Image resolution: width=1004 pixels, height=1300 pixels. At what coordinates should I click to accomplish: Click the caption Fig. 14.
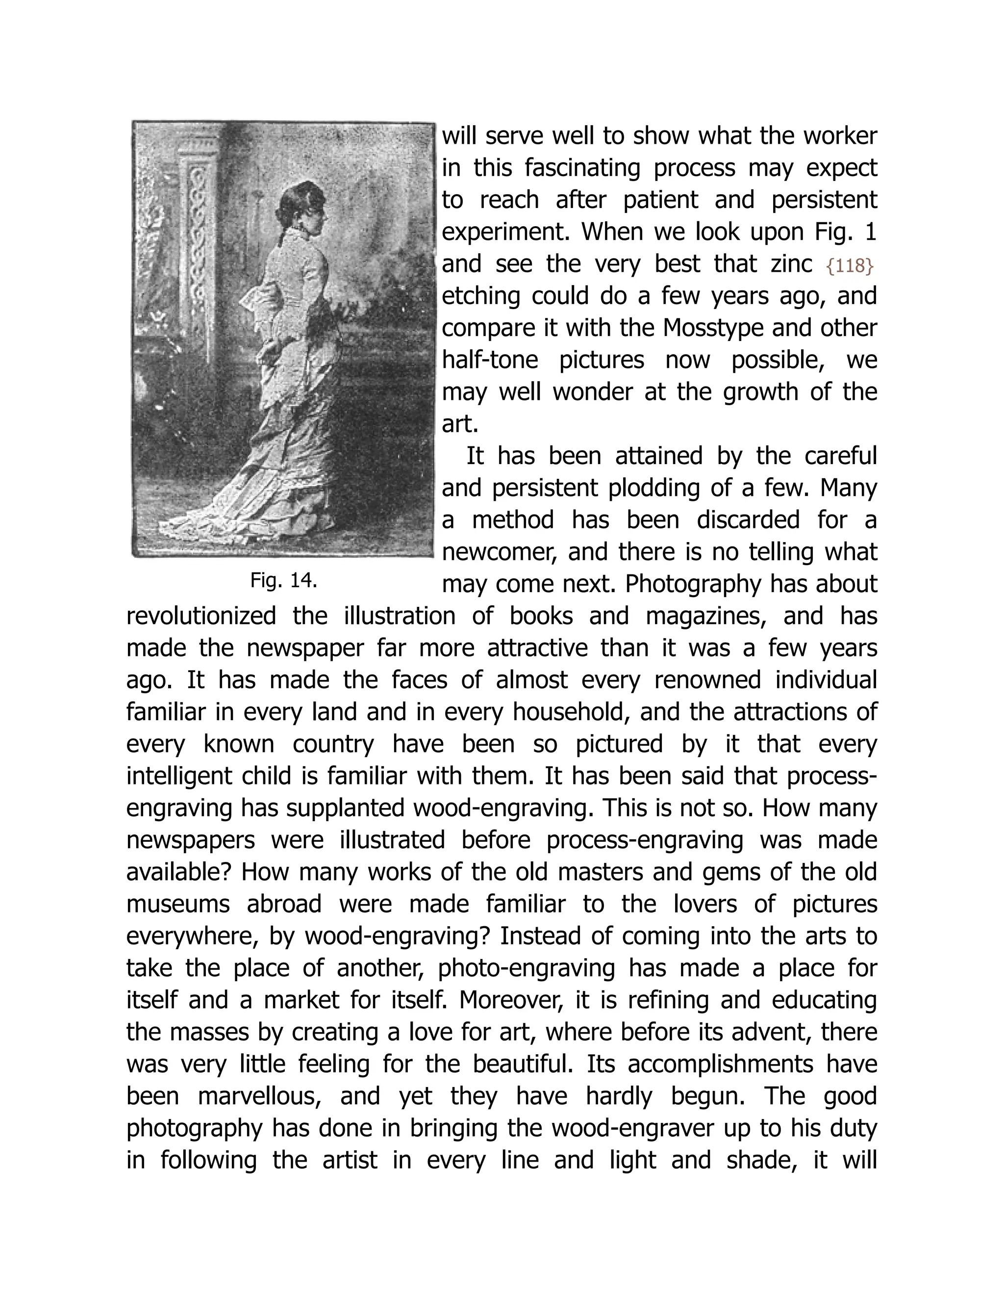coord(284,580)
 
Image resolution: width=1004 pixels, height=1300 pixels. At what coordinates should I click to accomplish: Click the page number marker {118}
coord(850,266)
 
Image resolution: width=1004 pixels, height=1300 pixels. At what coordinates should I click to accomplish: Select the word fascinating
coord(582,168)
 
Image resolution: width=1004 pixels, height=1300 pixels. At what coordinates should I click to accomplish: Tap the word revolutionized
coord(201,616)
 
